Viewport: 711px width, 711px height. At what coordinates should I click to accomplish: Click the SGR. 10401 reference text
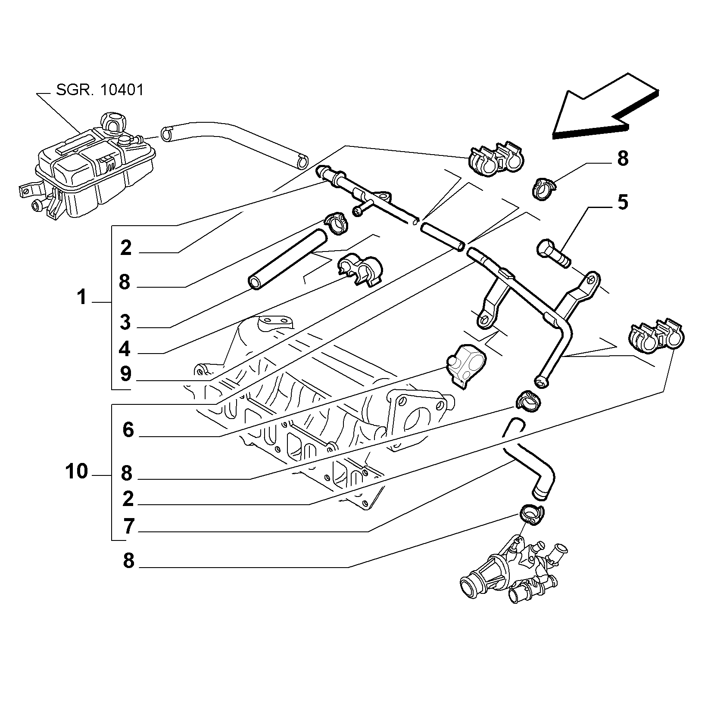[100, 90]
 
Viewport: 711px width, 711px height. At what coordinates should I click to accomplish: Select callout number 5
[623, 202]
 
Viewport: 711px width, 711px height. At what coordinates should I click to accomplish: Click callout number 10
[77, 472]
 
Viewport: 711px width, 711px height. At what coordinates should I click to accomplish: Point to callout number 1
[82, 297]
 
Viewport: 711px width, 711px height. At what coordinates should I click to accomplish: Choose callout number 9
[125, 374]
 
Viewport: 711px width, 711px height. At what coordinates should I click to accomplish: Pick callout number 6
[128, 430]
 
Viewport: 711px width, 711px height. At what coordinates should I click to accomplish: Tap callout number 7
[128, 526]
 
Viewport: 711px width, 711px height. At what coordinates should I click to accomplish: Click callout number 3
[125, 322]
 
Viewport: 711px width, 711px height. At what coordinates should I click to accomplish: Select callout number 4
[125, 349]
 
